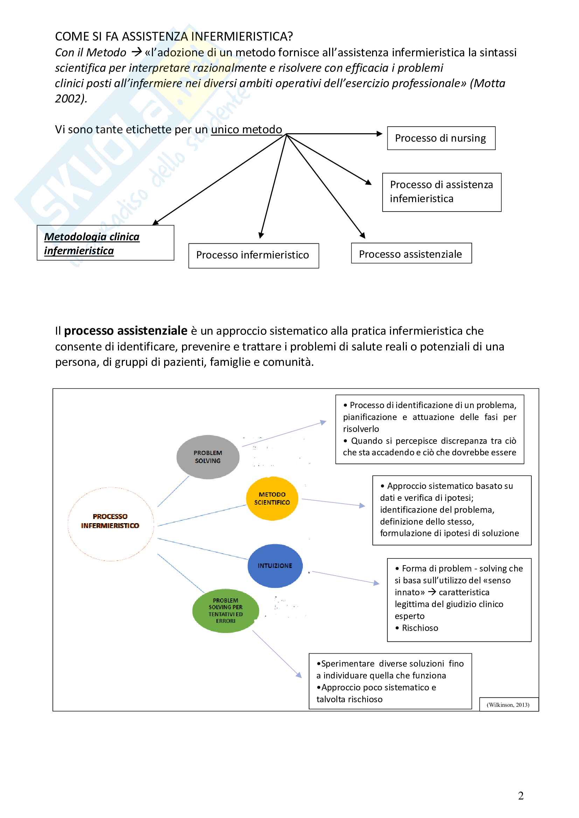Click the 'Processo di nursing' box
(441, 138)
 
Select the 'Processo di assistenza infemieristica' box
(441, 192)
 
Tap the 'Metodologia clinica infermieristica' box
(105, 243)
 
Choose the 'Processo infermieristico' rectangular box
(253, 255)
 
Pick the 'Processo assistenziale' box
(411, 253)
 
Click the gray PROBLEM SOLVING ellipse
(208, 457)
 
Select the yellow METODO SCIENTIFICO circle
(272, 498)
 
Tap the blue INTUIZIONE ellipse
(275, 566)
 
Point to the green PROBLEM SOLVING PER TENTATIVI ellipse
(225, 611)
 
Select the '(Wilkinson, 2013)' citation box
(508, 705)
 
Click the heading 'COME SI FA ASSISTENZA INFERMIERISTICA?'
(174, 36)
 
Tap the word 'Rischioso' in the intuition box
(420, 628)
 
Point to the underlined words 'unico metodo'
(246, 129)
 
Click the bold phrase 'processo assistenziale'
(126, 330)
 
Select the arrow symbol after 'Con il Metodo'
(137, 52)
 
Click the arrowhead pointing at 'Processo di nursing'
(379, 134)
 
